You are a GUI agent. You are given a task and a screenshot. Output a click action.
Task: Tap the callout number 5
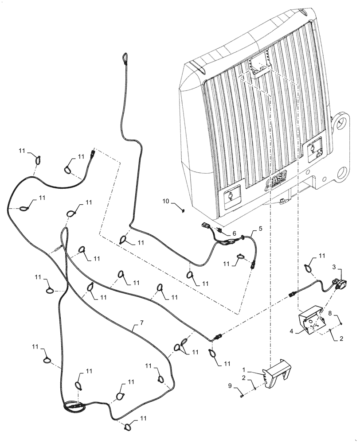click(260, 229)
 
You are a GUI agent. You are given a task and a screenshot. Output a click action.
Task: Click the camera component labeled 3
click(343, 284)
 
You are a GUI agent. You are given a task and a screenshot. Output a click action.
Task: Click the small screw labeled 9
click(241, 396)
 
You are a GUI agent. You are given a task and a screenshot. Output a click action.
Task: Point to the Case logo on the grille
click(274, 181)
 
